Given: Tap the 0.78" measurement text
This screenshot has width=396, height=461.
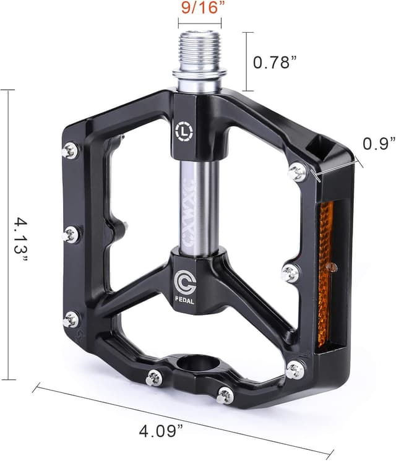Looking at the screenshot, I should pos(277,62).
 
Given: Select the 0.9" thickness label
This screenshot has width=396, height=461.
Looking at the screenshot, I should pos(379,144).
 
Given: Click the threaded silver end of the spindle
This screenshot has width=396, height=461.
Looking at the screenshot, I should pos(199,52).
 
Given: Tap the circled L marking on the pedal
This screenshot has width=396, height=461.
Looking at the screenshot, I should pos(184,131).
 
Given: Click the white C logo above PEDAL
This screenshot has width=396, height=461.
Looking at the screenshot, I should pos(184,282).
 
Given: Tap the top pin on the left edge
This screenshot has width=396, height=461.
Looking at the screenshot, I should pos(71,150).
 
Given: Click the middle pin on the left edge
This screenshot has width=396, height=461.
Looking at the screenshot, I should pos(71,234).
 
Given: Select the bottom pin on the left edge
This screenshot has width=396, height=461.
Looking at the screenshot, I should pos(71,319).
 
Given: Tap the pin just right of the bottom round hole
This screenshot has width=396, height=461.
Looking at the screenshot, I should pos(225,394).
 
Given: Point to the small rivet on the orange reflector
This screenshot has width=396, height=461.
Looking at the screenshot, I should pos(332,267).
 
